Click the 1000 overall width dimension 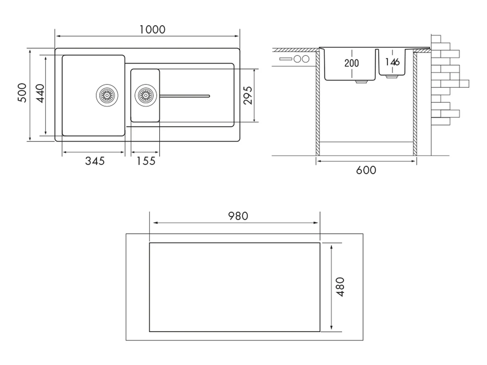152,30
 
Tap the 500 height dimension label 22,93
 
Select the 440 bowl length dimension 40,93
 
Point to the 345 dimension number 95,161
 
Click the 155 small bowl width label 146,161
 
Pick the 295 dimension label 247,95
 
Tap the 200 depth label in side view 352,63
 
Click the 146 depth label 392,62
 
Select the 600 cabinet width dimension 366,170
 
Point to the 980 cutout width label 238,216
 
